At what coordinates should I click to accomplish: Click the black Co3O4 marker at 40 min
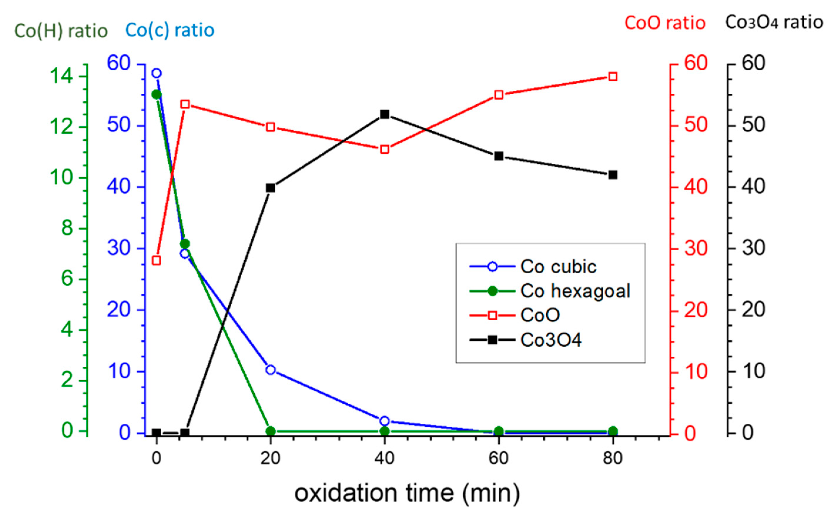click(385, 114)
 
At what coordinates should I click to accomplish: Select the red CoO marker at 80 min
click(613, 76)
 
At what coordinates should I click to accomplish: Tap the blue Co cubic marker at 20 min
click(271, 370)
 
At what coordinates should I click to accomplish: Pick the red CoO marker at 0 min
click(157, 260)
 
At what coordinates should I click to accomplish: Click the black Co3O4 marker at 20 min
click(271, 188)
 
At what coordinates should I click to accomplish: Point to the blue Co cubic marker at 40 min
click(385, 421)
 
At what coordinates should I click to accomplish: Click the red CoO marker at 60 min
click(499, 95)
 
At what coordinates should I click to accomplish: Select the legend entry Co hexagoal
click(575, 291)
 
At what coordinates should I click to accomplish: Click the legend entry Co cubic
click(558, 266)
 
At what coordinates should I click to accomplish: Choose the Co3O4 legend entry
click(551, 340)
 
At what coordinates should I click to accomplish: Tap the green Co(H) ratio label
click(61, 31)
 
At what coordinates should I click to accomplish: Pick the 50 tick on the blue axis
click(119, 125)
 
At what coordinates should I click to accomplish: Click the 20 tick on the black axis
click(753, 310)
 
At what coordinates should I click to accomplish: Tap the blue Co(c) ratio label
click(170, 30)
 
